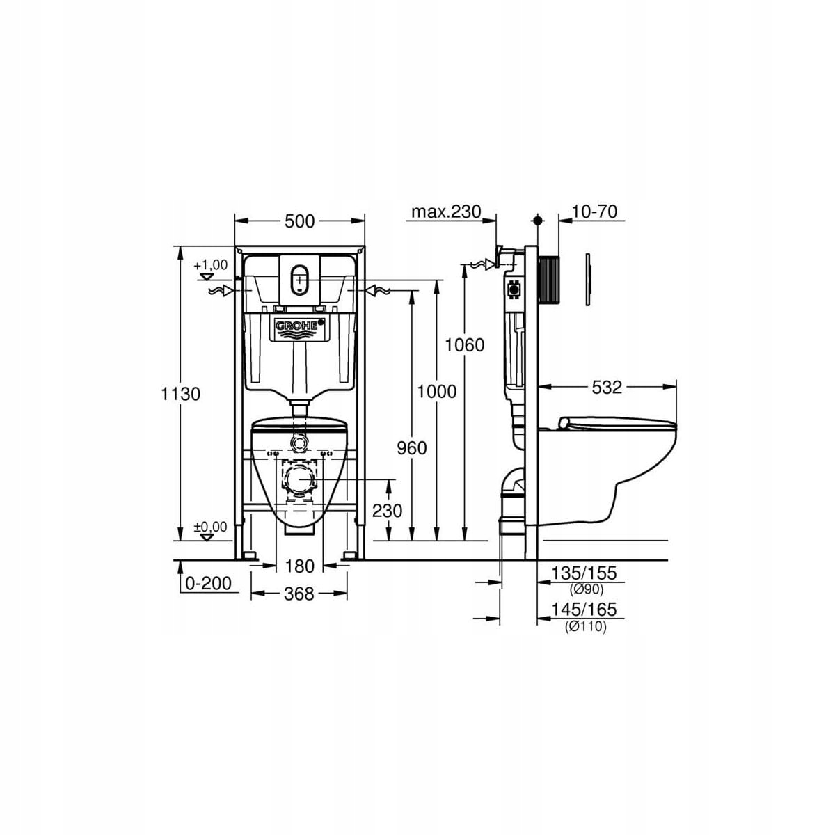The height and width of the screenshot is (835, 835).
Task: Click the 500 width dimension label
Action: [299, 221]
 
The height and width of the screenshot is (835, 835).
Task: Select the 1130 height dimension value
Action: [181, 394]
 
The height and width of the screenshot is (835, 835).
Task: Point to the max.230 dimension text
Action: [446, 212]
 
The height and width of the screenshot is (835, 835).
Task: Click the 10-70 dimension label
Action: [594, 212]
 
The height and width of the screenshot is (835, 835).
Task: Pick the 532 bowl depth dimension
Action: [607, 387]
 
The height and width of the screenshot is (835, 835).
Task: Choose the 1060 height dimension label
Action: [465, 345]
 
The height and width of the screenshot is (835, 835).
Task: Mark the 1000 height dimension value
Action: [437, 391]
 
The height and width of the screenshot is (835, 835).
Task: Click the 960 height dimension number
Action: [412, 447]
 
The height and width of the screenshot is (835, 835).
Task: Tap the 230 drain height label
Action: [388, 511]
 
